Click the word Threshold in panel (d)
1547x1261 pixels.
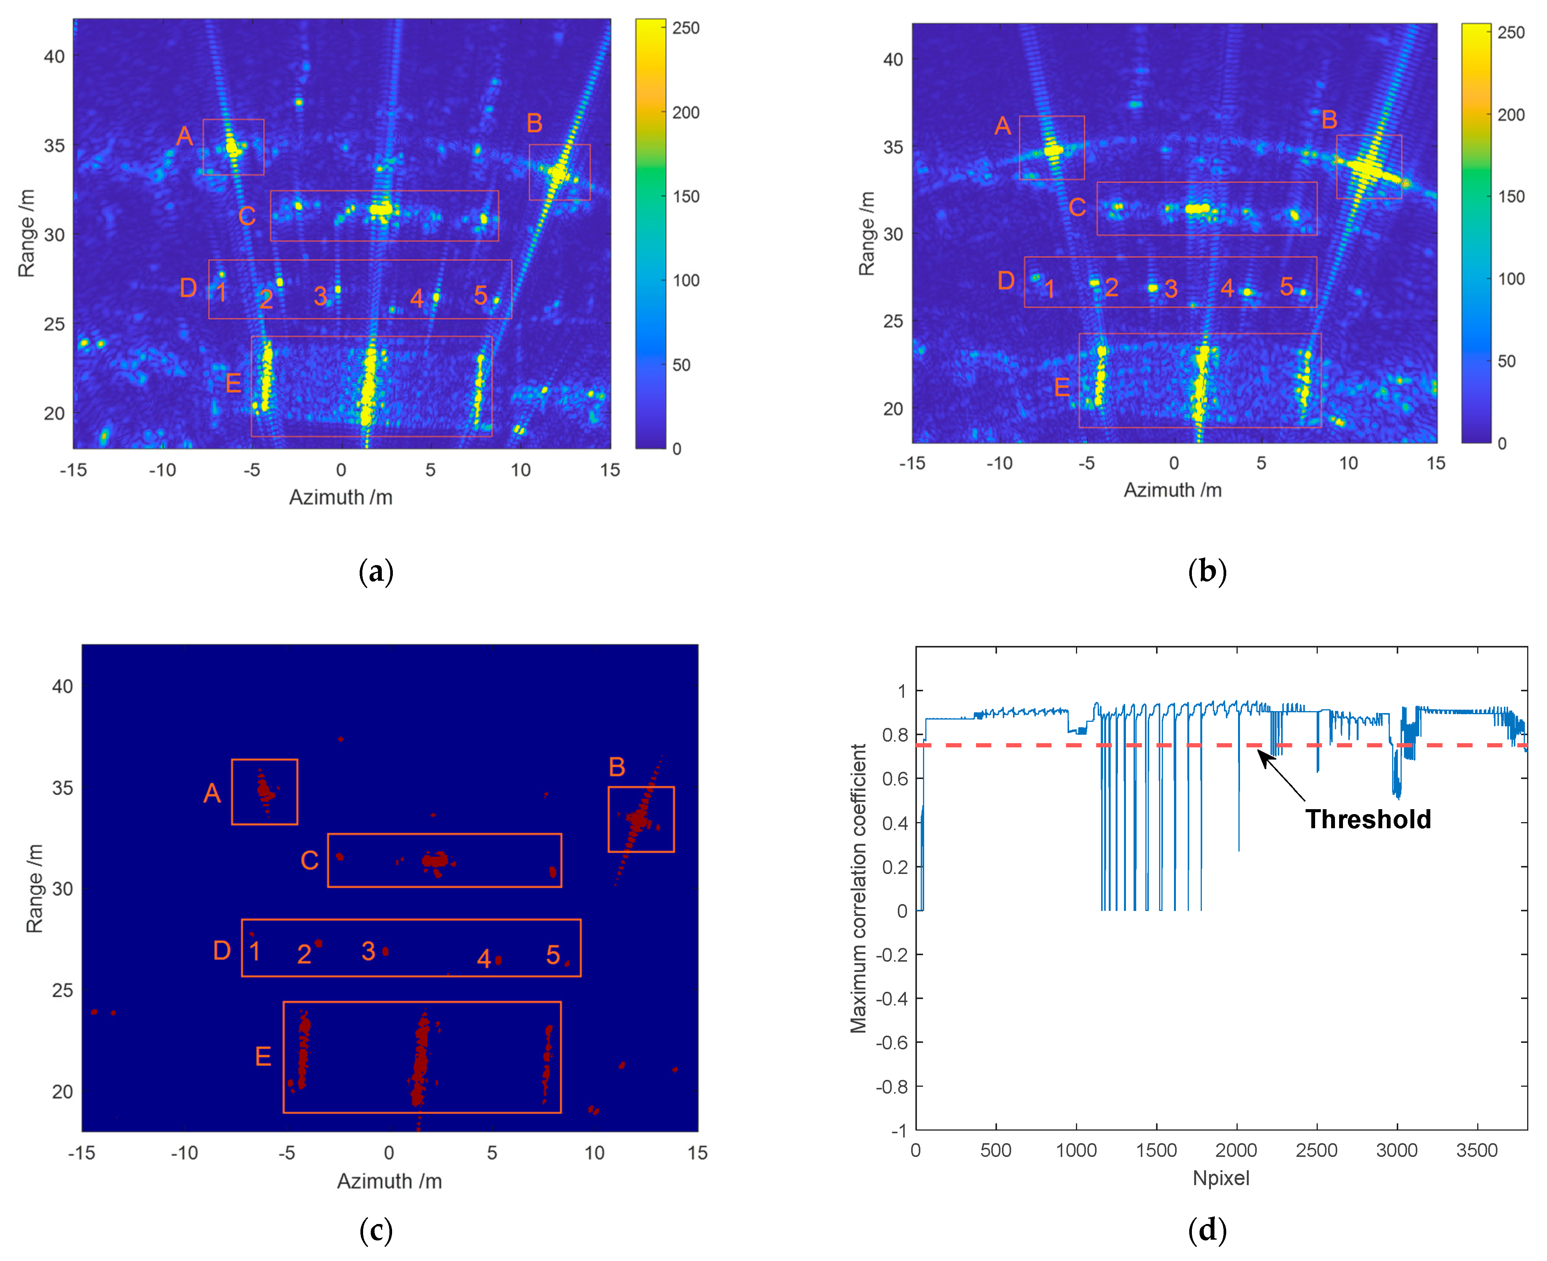(x=1367, y=819)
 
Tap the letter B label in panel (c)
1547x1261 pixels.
(x=617, y=767)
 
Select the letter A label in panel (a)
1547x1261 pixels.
(x=185, y=136)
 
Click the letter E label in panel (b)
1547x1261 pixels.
(x=1061, y=387)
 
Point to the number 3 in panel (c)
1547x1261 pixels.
(x=368, y=951)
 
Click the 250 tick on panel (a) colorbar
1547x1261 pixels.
(x=685, y=28)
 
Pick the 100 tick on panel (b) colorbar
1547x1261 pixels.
(x=1512, y=279)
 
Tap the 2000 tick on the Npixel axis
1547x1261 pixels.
(x=1236, y=1150)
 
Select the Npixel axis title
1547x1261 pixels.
(x=1221, y=1178)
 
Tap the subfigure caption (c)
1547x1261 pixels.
(x=376, y=1230)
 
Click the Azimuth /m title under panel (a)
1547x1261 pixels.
(x=341, y=498)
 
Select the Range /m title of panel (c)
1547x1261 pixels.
(x=34, y=888)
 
